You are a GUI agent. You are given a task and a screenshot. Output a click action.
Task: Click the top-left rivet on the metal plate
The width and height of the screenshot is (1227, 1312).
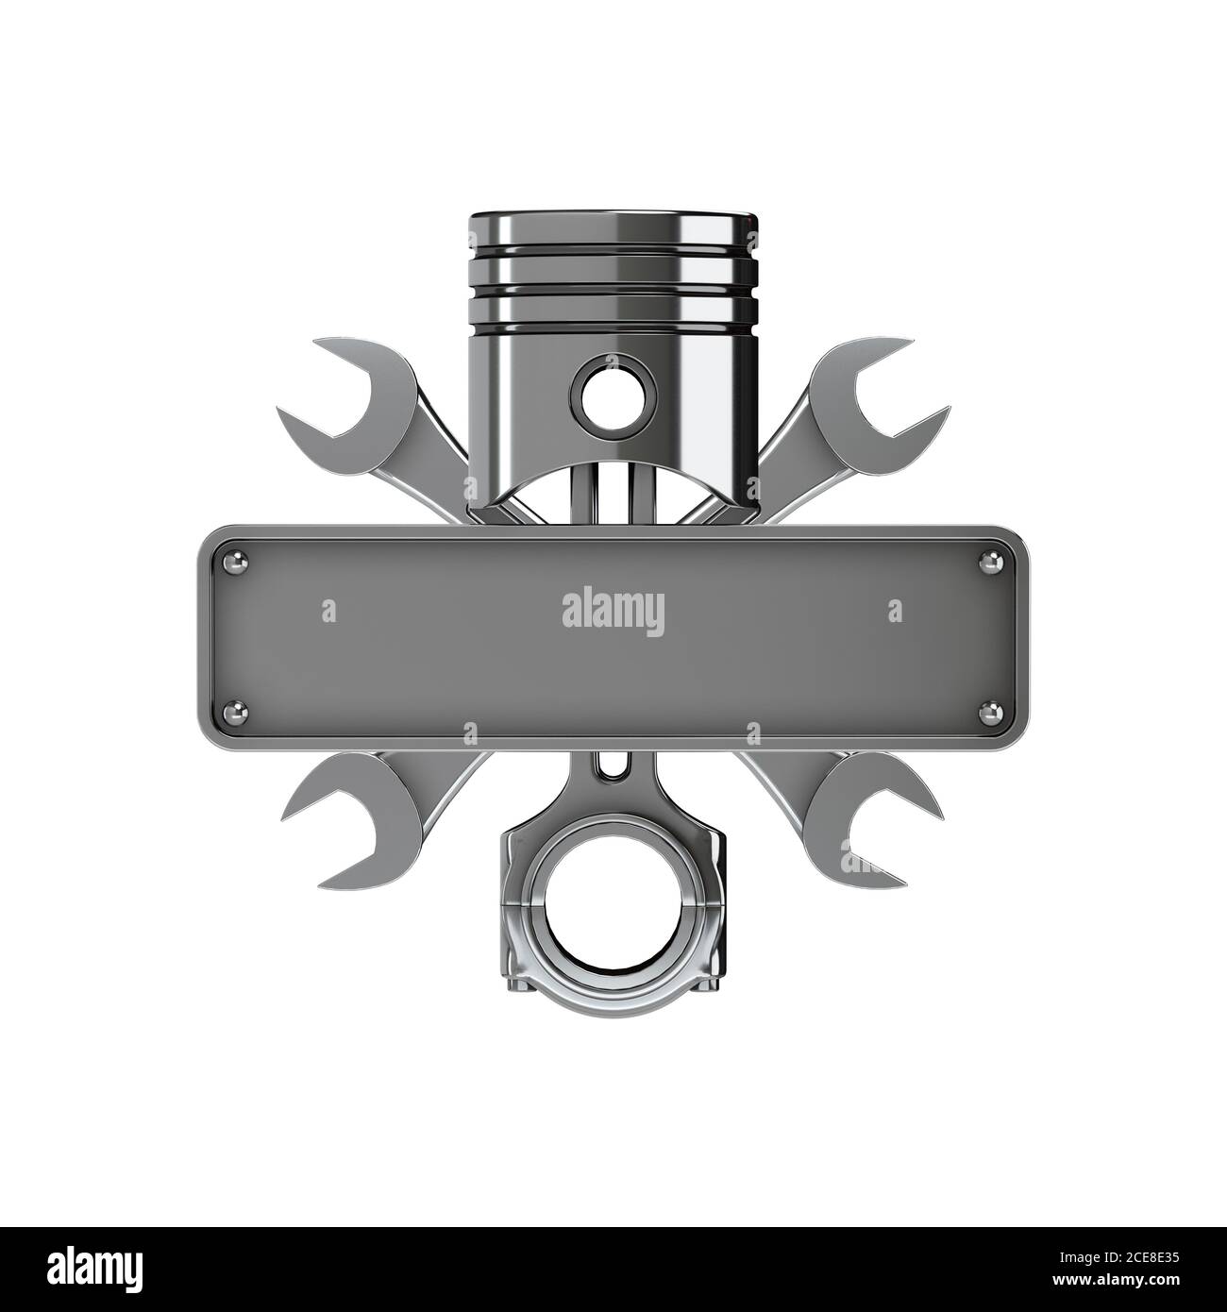pos(235,563)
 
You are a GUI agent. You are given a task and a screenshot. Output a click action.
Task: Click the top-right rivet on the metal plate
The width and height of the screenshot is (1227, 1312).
pos(990,563)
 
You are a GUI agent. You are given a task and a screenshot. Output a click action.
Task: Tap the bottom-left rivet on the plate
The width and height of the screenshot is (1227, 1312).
pos(235,713)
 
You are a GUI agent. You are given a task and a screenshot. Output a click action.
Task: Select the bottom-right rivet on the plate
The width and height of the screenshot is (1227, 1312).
pos(990,714)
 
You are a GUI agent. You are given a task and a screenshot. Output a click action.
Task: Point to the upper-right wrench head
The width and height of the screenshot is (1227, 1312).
pos(878,406)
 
